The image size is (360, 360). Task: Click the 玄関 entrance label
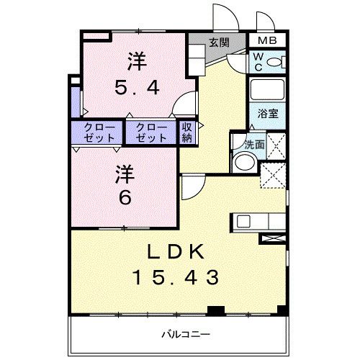(x=220, y=42)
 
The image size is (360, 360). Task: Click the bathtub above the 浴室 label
(x=266, y=91)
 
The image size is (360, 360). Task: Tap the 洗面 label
(x=253, y=144)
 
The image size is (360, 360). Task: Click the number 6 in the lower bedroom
(x=124, y=196)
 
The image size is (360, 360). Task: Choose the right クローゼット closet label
(x=151, y=132)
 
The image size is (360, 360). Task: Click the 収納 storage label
(x=187, y=132)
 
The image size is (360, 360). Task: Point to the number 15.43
(x=176, y=276)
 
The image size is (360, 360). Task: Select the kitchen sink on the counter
(x=243, y=221)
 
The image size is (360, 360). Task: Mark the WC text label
(x=257, y=63)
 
